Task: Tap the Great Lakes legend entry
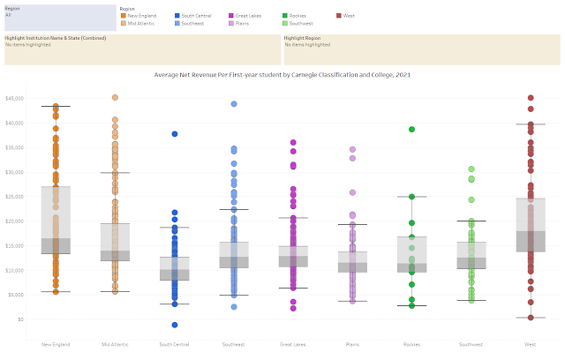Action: [255, 16]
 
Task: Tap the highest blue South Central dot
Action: [175, 134]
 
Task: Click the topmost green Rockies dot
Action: [411, 129]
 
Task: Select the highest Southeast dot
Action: [234, 104]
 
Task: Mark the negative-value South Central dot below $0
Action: [175, 325]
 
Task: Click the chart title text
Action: [282, 76]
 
